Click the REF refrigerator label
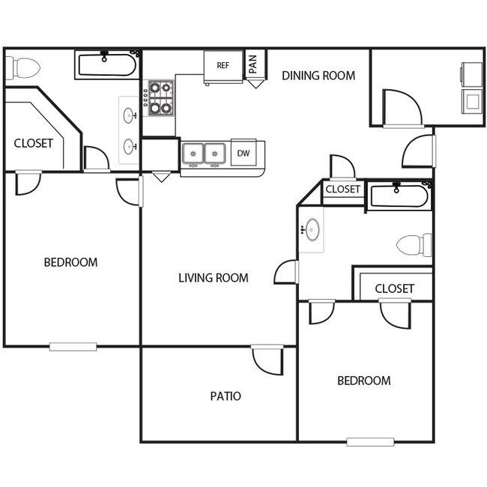click(x=223, y=65)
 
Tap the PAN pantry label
click(x=253, y=62)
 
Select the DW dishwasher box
click(x=243, y=154)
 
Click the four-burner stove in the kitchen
click(x=160, y=97)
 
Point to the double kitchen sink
click(x=205, y=154)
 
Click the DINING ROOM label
click(x=318, y=76)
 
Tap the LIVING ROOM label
click(x=213, y=278)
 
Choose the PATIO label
click(x=225, y=396)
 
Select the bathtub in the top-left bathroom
click(x=106, y=64)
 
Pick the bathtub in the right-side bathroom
click(x=399, y=196)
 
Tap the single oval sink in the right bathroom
click(x=311, y=230)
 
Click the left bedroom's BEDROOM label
click(x=70, y=262)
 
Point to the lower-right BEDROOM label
click(x=363, y=381)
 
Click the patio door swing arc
click(x=267, y=360)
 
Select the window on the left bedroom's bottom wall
click(x=73, y=346)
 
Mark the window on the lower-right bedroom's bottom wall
click(x=370, y=441)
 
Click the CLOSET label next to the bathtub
click(x=343, y=190)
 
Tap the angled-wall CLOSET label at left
click(x=34, y=143)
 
